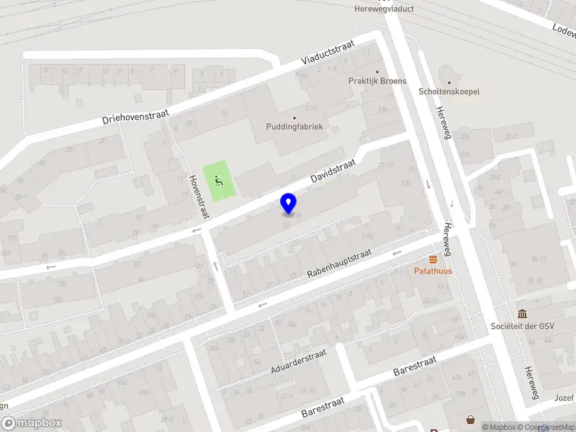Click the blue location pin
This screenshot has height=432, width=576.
[x=288, y=203]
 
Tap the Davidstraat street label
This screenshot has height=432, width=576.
[x=334, y=171]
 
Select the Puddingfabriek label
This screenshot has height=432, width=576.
[x=295, y=127]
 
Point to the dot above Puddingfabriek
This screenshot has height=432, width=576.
[x=294, y=117]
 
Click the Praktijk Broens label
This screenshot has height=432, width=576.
[x=377, y=81]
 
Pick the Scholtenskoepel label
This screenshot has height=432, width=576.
[x=449, y=91]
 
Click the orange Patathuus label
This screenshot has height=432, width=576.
[x=432, y=271]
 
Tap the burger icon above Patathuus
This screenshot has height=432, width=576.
[x=433, y=259]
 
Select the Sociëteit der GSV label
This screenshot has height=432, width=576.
[x=522, y=326]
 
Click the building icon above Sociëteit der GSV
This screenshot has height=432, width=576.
[x=522, y=314]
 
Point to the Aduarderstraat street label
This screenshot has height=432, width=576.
[x=298, y=361]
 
